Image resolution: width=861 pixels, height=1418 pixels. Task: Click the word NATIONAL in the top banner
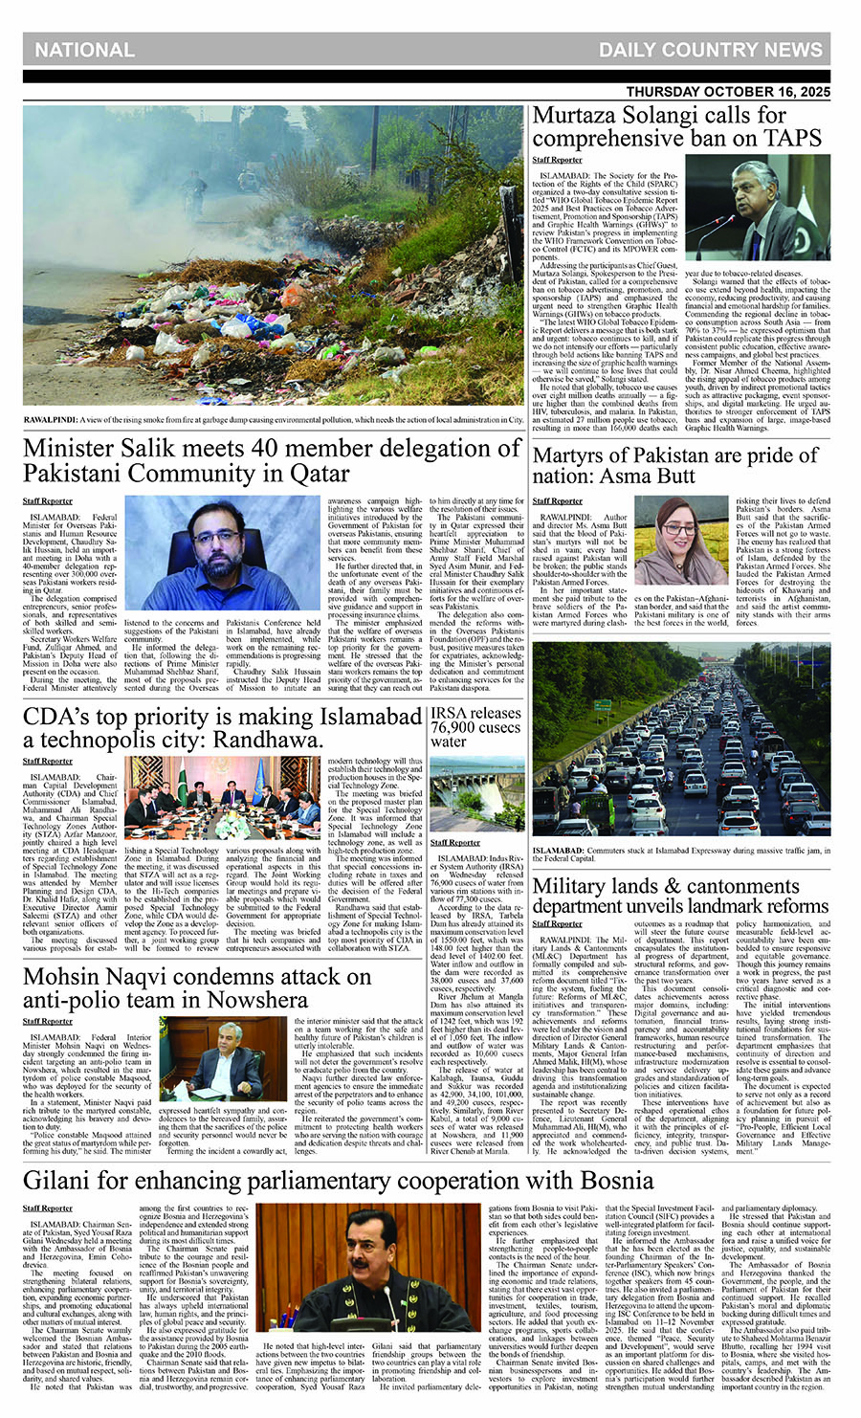tap(84, 50)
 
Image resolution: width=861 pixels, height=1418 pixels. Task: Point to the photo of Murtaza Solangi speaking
tap(771, 210)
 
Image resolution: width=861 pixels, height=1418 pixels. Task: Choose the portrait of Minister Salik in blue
tap(235, 551)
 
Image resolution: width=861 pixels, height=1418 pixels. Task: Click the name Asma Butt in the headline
tap(670, 476)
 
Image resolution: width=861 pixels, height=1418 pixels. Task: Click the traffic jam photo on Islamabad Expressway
tap(681, 743)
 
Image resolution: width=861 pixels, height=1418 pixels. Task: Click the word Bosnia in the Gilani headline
tap(593, 1180)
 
